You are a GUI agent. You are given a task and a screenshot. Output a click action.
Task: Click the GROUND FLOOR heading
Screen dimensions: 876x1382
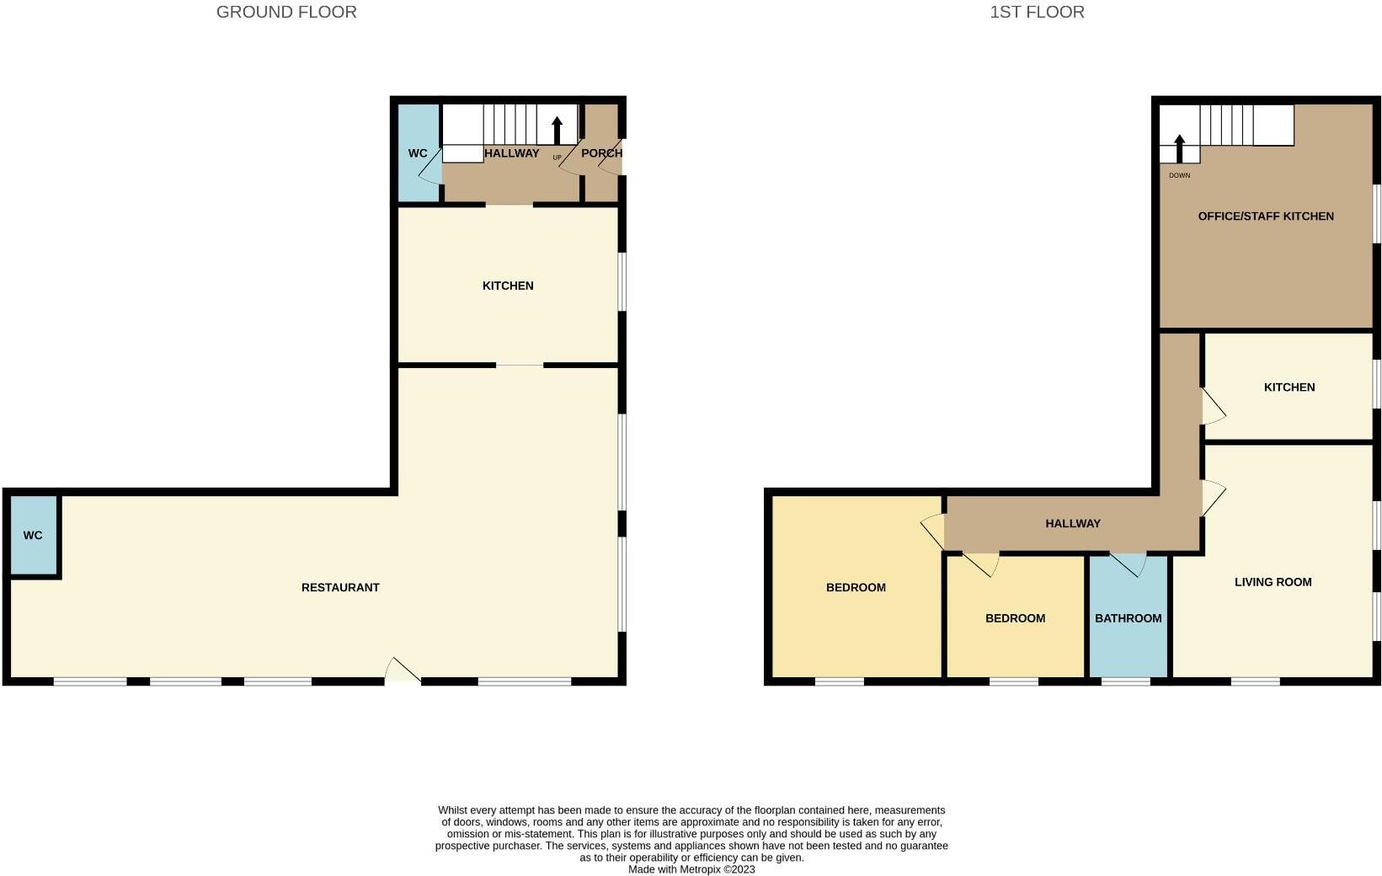pos(286,12)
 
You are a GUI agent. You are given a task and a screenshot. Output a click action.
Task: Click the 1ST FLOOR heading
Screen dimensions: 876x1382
pos(1037,12)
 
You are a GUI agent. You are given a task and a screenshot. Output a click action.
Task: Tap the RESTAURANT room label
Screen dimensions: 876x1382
pos(340,587)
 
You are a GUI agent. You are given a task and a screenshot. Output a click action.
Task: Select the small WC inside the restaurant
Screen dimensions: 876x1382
pos(33,536)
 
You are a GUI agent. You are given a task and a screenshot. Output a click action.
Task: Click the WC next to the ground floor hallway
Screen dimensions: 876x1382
pos(418,153)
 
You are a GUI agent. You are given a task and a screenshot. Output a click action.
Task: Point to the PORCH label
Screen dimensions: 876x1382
pos(601,153)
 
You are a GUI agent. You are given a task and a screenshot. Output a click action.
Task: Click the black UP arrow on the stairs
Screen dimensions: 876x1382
pos(557,131)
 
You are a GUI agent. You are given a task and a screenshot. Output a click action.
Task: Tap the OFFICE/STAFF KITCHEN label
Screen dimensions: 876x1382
pos(1265,216)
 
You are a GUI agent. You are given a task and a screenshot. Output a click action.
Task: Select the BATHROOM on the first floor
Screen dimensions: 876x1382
pos(1128,618)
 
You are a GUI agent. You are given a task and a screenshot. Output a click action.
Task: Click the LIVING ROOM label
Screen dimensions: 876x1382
pos(1273,582)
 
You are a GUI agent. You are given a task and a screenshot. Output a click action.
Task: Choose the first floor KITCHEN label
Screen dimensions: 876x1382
pos(1289,387)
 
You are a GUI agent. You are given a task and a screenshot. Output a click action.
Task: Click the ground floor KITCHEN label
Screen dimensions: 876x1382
pos(508,286)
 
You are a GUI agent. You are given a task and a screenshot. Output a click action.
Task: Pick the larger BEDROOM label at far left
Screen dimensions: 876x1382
pos(856,588)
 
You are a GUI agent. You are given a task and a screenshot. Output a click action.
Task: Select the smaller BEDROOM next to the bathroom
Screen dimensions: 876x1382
pos(1015,618)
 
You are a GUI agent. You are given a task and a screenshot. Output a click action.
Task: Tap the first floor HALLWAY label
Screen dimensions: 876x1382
pos(1072,524)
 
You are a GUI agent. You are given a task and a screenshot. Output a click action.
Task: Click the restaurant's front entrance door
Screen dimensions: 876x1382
pos(402,670)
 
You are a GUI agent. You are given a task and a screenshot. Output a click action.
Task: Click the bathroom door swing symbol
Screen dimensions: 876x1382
pos(1129,564)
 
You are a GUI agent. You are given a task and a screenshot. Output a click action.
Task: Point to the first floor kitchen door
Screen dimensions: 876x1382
pos(1213,407)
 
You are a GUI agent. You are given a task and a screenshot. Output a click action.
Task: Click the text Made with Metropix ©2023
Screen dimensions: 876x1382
pos(691,869)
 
